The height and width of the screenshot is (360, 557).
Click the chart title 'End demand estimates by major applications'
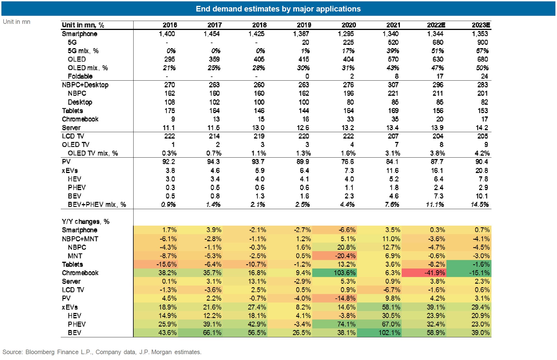[278, 9]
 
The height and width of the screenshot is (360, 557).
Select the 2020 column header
[349, 25]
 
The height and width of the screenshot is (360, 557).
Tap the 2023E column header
[481, 25]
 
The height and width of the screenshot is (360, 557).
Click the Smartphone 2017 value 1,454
[212, 34]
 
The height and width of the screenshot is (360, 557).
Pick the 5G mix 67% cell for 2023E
[482, 51]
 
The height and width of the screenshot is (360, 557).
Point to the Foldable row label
[80, 76]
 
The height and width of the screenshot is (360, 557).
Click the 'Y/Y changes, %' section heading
[86, 222]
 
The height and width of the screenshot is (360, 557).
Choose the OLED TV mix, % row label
[93, 153]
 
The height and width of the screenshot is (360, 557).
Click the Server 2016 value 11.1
[169, 128]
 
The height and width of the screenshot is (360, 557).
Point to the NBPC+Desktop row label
[85, 85]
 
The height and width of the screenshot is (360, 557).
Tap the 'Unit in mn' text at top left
[17, 22]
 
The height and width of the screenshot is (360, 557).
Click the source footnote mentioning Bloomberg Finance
[102, 352]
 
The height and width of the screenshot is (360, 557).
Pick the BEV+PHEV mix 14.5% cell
[480, 205]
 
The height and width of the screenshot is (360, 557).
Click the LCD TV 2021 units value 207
[393, 136]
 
